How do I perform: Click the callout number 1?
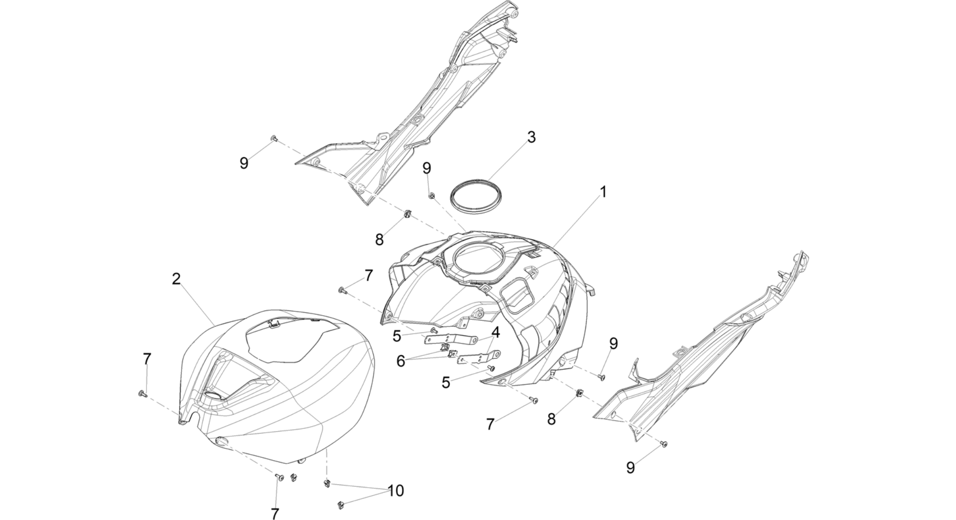coord(603,192)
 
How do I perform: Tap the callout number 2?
coord(176,279)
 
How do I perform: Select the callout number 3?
coord(531,137)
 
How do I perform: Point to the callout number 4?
coord(495,332)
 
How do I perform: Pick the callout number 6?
coord(401,361)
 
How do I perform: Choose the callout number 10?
coord(396,491)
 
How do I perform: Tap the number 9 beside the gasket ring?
coord(427,168)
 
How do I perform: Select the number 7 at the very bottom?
coord(275,513)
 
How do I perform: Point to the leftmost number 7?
coord(147,360)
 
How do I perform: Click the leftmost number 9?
coord(244,163)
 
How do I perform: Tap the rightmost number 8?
coord(551,419)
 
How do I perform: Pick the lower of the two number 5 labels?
coord(446,383)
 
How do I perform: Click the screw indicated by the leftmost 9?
coord(274,138)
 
